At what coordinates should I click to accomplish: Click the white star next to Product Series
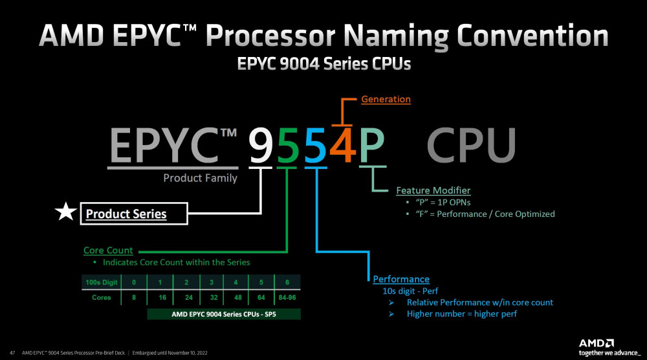click(65, 213)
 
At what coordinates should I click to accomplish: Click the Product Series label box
click(133, 214)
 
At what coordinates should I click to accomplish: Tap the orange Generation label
click(386, 99)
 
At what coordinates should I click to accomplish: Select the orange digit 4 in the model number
click(342, 146)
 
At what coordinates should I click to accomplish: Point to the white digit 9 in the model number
click(261, 146)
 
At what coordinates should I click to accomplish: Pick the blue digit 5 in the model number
click(315, 146)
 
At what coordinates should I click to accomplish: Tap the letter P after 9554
click(371, 146)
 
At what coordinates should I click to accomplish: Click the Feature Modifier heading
click(433, 190)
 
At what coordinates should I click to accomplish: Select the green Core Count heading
click(108, 250)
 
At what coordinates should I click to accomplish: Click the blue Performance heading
click(401, 279)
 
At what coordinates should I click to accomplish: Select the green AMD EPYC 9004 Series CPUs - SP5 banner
click(224, 314)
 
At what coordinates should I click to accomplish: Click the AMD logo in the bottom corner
click(595, 343)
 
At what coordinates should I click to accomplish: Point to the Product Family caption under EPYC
click(200, 178)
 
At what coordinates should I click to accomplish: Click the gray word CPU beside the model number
click(470, 146)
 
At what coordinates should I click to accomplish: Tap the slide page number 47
click(12, 353)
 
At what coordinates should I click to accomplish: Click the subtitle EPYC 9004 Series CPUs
click(323, 64)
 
